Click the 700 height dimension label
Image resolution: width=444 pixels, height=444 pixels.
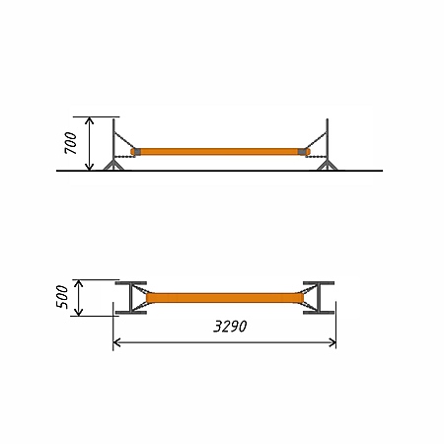[x=71, y=143]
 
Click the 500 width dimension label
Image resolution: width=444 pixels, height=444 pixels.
[x=62, y=297]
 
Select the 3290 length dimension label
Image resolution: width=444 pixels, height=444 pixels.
[x=230, y=327]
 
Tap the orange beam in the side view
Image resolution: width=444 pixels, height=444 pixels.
[x=220, y=152]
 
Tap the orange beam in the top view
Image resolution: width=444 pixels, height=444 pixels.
[x=225, y=298]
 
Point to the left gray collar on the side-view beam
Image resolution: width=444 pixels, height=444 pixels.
[x=137, y=152]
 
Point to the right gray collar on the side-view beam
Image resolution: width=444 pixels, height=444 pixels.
[x=302, y=152]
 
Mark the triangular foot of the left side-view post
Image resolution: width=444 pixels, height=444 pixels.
[x=113, y=166]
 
